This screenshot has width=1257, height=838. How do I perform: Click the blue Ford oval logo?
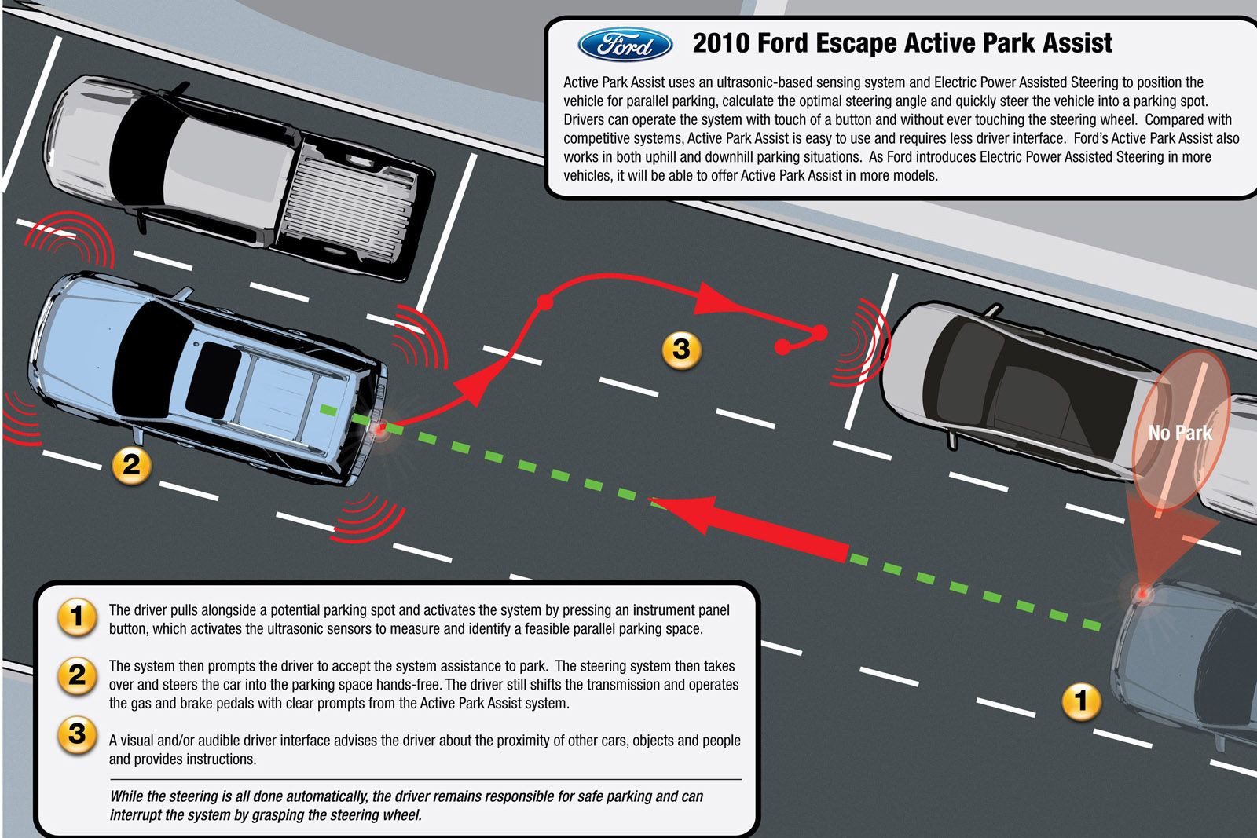(x=625, y=44)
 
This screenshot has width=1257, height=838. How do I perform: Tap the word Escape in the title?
(x=856, y=44)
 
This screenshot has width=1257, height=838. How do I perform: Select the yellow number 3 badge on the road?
(x=681, y=350)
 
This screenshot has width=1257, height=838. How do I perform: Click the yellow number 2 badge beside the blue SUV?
(x=131, y=466)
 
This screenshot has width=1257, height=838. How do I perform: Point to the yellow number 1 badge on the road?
(x=1081, y=701)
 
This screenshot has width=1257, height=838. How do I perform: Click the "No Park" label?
(x=1180, y=433)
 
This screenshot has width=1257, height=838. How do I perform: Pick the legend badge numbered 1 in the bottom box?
(x=78, y=617)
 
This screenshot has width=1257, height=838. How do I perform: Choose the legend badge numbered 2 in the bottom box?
(x=78, y=675)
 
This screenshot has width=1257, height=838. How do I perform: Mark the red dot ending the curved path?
(x=782, y=347)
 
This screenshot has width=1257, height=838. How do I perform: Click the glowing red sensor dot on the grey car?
(x=1142, y=592)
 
